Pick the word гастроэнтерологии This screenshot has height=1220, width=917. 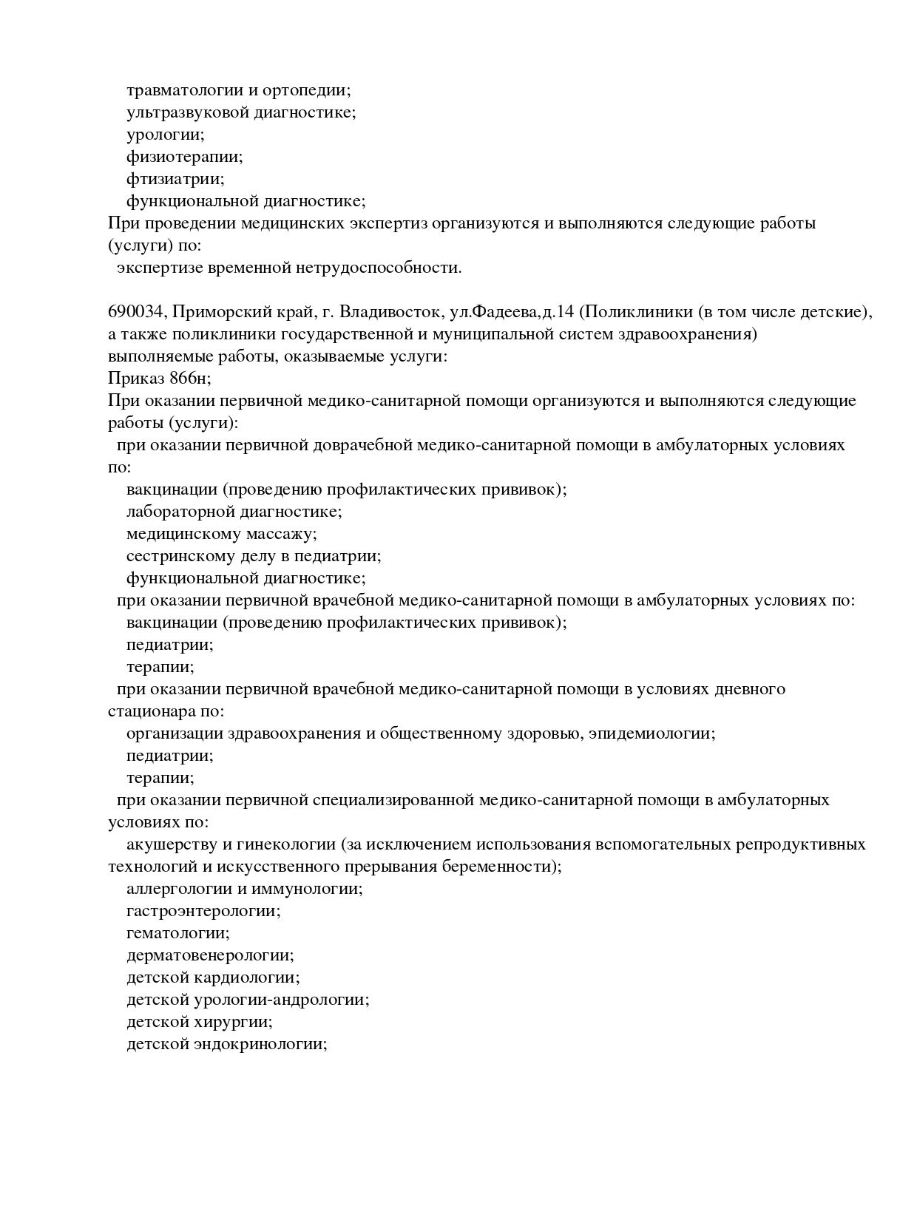coord(203,911)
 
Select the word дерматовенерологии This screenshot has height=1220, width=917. coord(209,955)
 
